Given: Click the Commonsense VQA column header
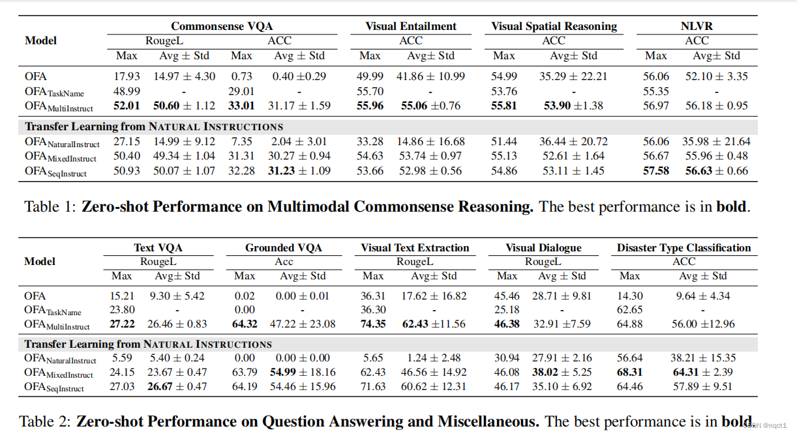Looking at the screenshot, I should click(x=222, y=26).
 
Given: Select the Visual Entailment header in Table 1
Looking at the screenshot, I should click(x=411, y=26).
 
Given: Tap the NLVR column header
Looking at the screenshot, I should click(x=697, y=26).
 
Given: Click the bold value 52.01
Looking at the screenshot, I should click(x=127, y=105).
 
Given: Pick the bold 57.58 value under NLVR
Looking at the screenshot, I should click(x=656, y=171).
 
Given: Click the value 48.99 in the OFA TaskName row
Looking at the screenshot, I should click(x=127, y=91).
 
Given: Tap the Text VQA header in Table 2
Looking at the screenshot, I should click(x=158, y=247).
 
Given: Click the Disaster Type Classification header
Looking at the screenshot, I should click(x=684, y=247).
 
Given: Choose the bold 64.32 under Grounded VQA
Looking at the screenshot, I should click(x=245, y=324).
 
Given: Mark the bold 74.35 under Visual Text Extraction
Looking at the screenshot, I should click(x=373, y=324).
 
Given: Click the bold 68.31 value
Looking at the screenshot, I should click(x=629, y=372).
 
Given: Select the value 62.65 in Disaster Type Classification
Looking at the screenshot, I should click(x=629, y=310).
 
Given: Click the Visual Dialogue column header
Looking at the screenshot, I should click(x=543, y=247).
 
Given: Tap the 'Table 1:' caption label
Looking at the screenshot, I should click(x=50, y=207).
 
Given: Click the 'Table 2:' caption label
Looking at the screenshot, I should click(x=46, y=421).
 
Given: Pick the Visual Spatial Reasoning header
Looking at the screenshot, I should click(x=554, y=26).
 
